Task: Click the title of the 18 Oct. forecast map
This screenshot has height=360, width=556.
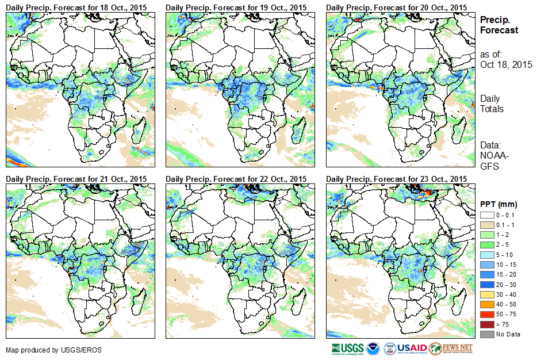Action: click(76, 6)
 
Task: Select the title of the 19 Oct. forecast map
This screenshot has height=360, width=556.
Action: click(236, 6)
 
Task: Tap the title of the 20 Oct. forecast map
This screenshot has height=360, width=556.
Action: click(396, 6)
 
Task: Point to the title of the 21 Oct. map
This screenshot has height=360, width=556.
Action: click(76, 179)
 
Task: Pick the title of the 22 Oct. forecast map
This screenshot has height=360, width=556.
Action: click(236, 179)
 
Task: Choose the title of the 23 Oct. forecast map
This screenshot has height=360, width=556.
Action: click(396, 179)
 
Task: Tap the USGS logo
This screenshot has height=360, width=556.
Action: click(347, 348)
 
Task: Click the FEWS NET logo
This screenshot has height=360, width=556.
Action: click(451, 348)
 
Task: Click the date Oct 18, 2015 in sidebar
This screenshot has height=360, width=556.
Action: click(506, 64)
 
